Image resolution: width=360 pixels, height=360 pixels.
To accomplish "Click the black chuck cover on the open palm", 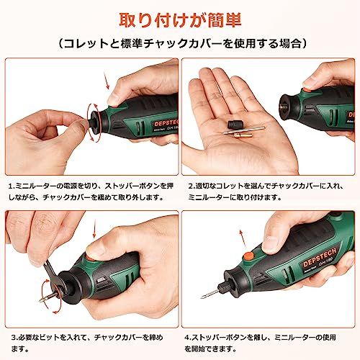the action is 235,125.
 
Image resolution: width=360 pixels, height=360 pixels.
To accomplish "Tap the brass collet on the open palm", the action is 243,135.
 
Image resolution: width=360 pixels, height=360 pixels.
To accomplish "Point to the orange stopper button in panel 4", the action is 249,256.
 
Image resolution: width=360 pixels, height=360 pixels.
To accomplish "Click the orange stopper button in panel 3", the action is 91,258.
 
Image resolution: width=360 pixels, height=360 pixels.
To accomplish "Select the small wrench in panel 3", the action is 50,273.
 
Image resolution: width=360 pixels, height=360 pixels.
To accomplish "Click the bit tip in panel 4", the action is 202,297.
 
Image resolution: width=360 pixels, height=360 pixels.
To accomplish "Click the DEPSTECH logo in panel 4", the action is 320,258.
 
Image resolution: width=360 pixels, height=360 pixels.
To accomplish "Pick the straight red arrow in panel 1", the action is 107,81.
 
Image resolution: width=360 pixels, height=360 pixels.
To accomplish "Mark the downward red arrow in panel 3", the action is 94,230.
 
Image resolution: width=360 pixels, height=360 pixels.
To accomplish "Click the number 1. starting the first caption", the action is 12,186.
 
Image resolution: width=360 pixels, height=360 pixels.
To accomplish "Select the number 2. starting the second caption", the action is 191,186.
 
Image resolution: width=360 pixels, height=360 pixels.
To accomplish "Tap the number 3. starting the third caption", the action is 14,338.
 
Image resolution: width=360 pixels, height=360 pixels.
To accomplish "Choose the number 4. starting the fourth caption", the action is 187,338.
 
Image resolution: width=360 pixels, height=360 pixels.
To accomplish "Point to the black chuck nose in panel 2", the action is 289,107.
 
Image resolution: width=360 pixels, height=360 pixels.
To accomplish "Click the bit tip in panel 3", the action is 40,300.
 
